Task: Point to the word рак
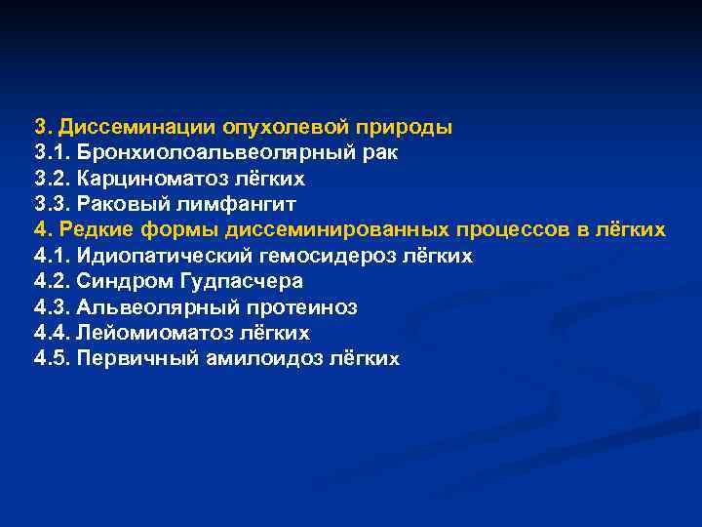point(379,153)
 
